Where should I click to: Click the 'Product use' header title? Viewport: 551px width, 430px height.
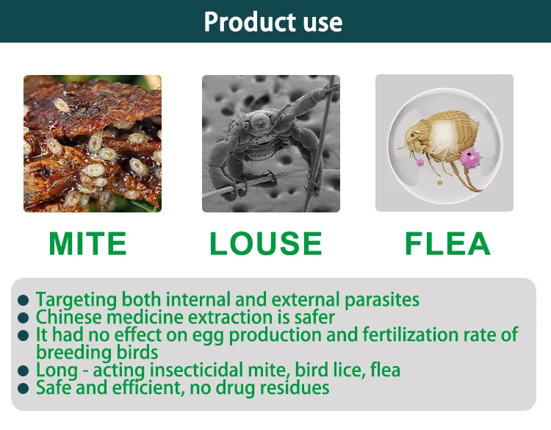pyautogui.click(x=273, y=22)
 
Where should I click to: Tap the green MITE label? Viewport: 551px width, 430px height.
pyautogui.click(x=87, y=243)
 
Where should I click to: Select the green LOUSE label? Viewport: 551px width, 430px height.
pyautogui.click(x=266, y=243)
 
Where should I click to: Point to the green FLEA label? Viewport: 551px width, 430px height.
pyautogui.click(x=447, y=243)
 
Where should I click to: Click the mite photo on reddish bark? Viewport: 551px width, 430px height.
pyautogui.click(x=93, y=143)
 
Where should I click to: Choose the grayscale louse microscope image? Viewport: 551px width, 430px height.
pyautogui.click(x=271, y=143)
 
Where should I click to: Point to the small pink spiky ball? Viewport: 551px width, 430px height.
pyautogui.click(x=420, y=162)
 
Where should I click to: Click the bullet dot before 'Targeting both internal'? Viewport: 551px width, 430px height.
pyautogui.click(x=24, y=300)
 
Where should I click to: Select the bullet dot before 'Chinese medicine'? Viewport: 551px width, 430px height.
pyautogui.click(x=24, y=318)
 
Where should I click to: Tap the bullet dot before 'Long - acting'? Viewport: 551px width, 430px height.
pyautogui.click(x=24, y=370)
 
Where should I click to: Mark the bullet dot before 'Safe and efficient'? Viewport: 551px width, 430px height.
pyautogui.click(x=24, y=388)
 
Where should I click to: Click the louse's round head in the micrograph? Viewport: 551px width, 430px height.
pyautogui.click(x=261, y=122)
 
